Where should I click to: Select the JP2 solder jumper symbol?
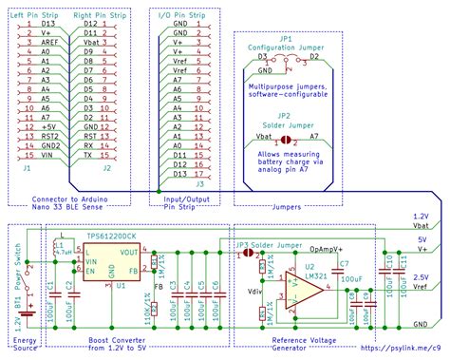281,136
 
